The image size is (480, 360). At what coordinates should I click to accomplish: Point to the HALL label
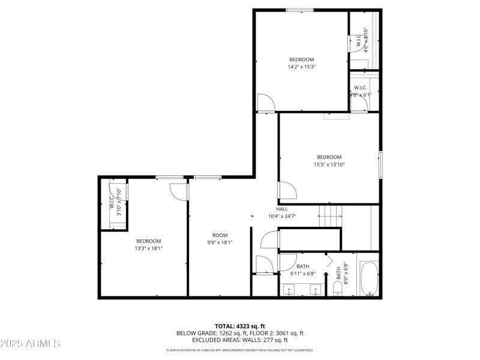click(281, 209)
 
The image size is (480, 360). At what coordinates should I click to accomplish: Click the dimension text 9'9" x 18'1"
click(220, 242)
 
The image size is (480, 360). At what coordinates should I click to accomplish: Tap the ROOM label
click(220, 235)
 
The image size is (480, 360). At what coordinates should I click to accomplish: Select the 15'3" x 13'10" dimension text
click(329, 164)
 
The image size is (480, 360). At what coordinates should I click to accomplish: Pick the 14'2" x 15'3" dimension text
click(301, 67)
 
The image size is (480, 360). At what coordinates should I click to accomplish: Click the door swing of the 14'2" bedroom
click(266, 103)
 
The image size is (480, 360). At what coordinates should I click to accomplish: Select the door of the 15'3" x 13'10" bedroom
click(286, 193)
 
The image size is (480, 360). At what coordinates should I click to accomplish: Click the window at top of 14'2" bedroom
click(299, 10)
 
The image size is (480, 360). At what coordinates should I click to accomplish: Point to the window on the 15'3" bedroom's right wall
click(380, 164)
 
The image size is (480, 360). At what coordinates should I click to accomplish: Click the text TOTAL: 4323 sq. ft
click(239, 326)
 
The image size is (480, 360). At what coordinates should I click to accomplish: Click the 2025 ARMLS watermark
click(30, 344)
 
